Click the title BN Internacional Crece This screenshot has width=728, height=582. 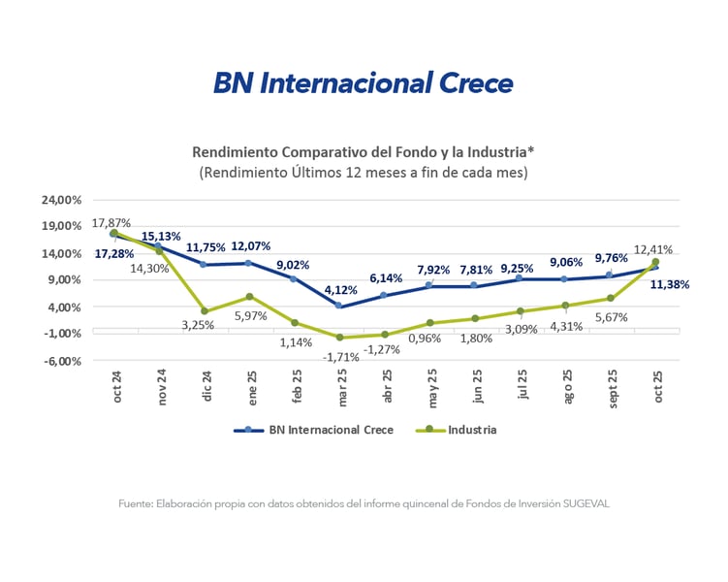(x=363, y=83)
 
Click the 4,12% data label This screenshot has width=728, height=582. (x=340, y=289)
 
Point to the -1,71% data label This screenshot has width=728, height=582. (x=340, y=356)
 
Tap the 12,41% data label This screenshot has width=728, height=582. (x=652, y=249)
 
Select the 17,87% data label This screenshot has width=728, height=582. (x=111, y=222)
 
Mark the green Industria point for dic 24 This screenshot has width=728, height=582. (x=206, y=311)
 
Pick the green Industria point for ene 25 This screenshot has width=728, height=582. (x=250, y=297)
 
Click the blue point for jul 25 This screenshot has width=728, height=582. (x=520, y=278)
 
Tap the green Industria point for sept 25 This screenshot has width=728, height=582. (x=611, y=298)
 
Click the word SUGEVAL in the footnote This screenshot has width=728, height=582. (x=584, y=503)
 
